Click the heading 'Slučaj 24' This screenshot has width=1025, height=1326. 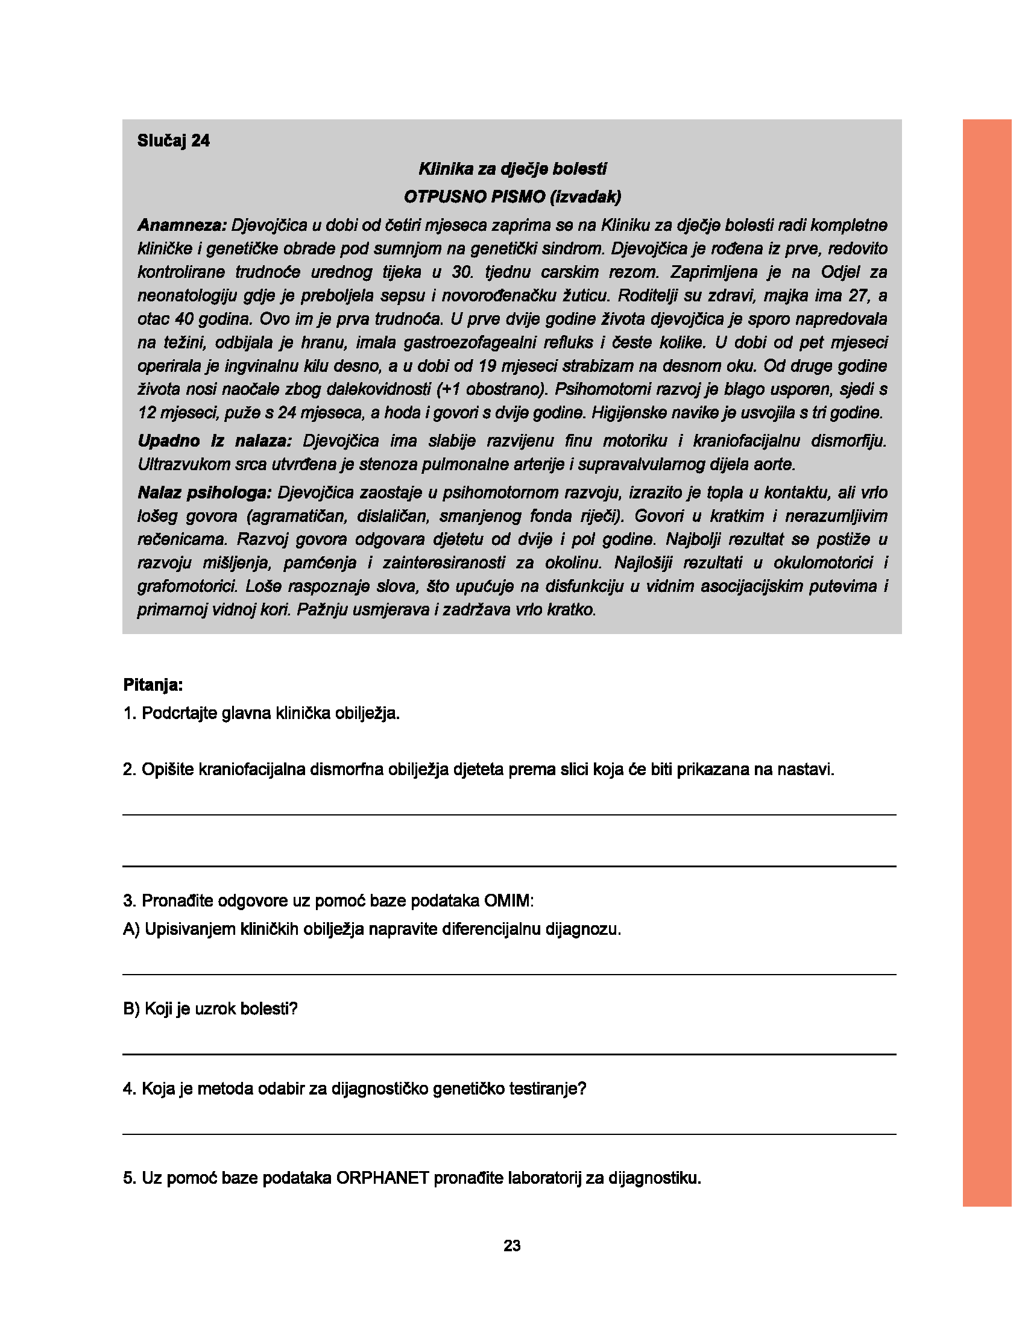(x=173, y=141)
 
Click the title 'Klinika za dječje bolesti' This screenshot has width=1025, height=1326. (x=512, y=169)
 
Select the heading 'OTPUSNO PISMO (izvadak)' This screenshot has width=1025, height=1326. (x=512, y=196)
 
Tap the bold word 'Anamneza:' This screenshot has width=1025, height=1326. (x=181, y=225)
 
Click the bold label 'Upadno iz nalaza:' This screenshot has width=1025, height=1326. (x=215, y=441)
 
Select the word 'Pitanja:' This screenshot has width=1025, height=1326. (x=153, y=685)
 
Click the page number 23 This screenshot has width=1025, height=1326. (x=512, y=1246)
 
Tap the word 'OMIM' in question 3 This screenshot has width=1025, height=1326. (x=507, y=900)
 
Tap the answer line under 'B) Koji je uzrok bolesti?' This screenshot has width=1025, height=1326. (x=509, y=1054)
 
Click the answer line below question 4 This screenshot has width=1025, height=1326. (x=509, y=1134)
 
